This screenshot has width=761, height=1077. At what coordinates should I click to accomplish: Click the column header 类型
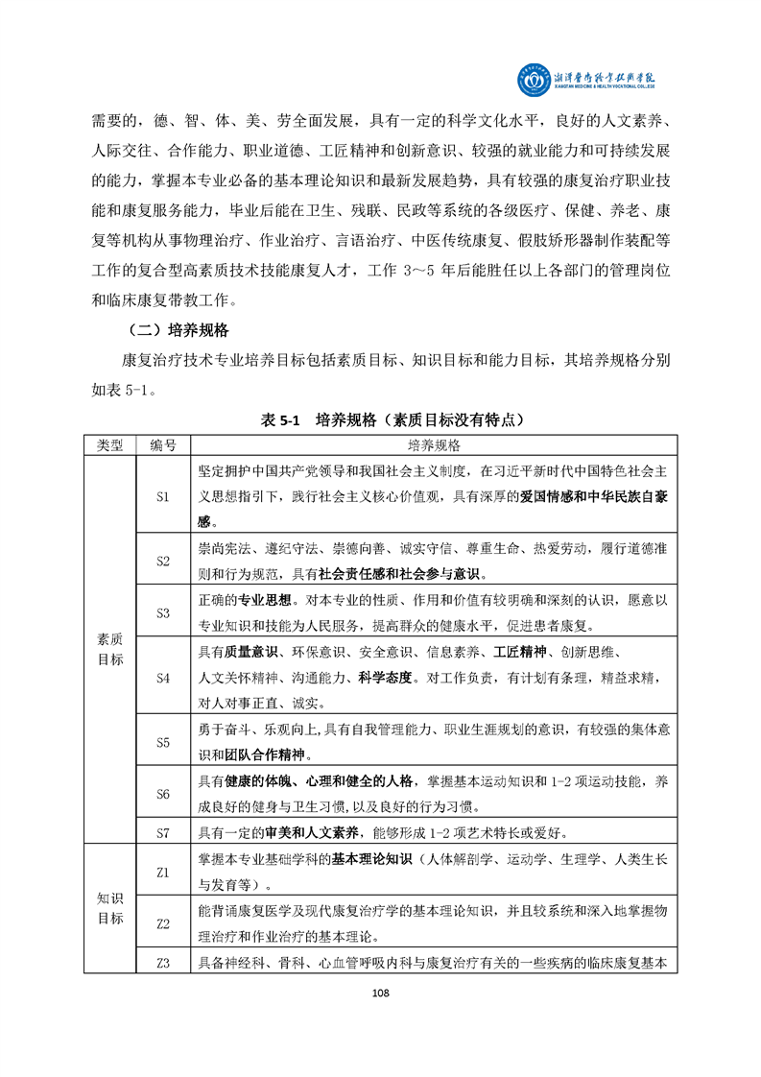pos(110,446)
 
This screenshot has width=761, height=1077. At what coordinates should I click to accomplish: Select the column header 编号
pos(162,446)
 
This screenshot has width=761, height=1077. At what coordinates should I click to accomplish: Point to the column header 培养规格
pos(434,446)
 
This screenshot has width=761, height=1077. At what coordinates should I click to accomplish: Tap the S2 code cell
pos(162,561)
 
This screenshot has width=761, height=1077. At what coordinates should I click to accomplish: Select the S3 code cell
pos(162,612)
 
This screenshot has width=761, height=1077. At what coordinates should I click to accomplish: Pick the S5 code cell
pos(162,742)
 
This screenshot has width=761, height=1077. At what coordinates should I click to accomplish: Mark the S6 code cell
pos(162,794)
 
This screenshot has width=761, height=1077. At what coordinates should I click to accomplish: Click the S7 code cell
pos(162,829)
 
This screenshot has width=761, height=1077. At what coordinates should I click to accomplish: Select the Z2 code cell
pos(162,924)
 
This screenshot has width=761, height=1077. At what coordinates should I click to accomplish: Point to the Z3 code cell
pos(162,963)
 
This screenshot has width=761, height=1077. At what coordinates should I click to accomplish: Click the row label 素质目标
pos(110,649)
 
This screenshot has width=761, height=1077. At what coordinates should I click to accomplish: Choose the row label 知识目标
pos(110,908)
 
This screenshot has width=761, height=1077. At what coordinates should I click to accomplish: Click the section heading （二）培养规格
pos(176,331)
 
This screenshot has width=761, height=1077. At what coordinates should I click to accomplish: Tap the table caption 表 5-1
pos(280,420)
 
